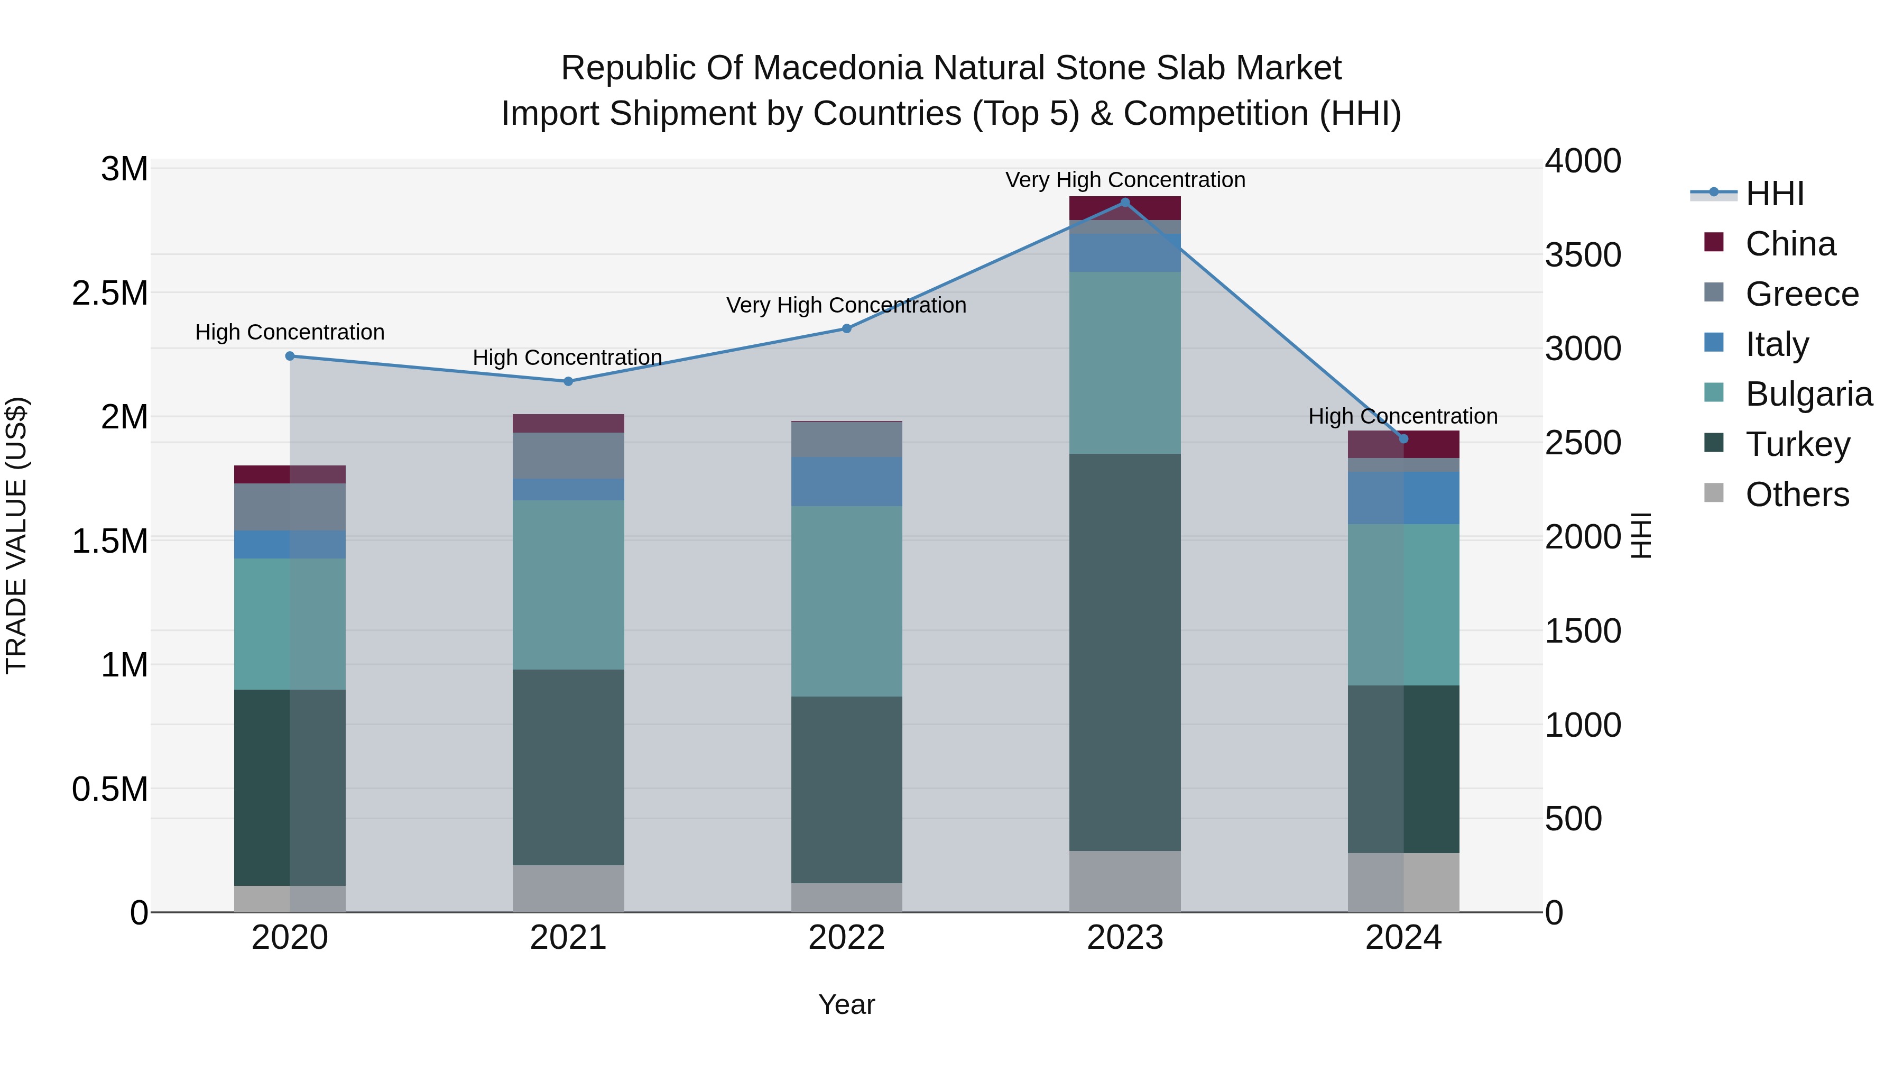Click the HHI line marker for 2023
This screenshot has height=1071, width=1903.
(1124, 203)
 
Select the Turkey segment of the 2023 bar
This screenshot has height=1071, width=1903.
(1124, 652)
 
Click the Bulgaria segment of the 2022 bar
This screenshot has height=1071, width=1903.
(847, 601)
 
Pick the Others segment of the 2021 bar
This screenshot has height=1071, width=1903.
(568, 889)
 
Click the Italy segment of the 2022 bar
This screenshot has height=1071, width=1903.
(847, 481)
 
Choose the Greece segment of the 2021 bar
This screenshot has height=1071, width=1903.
(568, 455)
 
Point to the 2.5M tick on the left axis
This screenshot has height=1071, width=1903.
(110, 294)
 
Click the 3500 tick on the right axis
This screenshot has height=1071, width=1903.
(1582, 255)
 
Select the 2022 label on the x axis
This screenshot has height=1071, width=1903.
(847, 938)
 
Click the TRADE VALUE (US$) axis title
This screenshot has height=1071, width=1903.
(16, 535)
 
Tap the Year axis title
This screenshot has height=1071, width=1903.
(847, 1004)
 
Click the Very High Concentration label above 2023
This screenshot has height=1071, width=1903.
(1124, 180)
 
